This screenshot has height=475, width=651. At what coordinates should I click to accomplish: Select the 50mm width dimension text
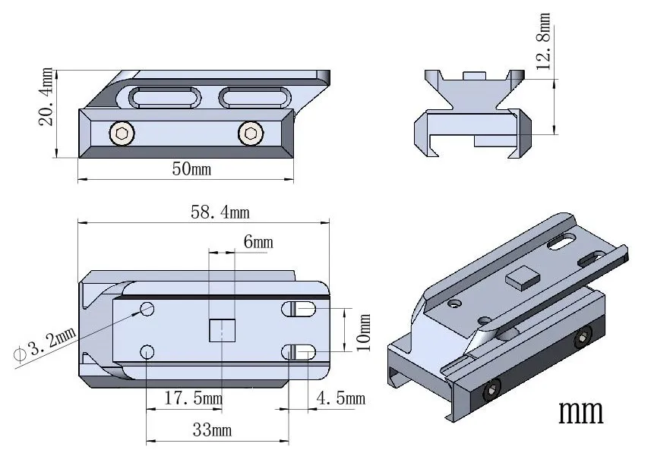click(191, 168)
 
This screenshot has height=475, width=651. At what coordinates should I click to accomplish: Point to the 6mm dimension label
click(258, 242)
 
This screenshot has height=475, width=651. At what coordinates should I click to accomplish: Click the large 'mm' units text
click(581, 411)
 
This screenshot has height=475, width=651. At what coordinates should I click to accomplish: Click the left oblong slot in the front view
click(166, 97)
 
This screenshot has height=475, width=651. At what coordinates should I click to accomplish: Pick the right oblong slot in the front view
click(254, 97)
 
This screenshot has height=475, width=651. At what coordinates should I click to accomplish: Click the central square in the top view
click(222, 330)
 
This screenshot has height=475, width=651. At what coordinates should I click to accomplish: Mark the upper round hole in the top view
click(147, 309)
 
